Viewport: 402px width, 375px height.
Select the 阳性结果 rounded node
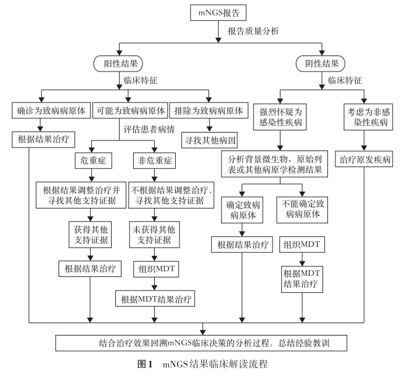point(118,63)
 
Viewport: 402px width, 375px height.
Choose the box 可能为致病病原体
point(130,112)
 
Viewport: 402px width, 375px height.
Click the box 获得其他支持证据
point(91,236)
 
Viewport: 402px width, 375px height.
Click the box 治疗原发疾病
point(364,160)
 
